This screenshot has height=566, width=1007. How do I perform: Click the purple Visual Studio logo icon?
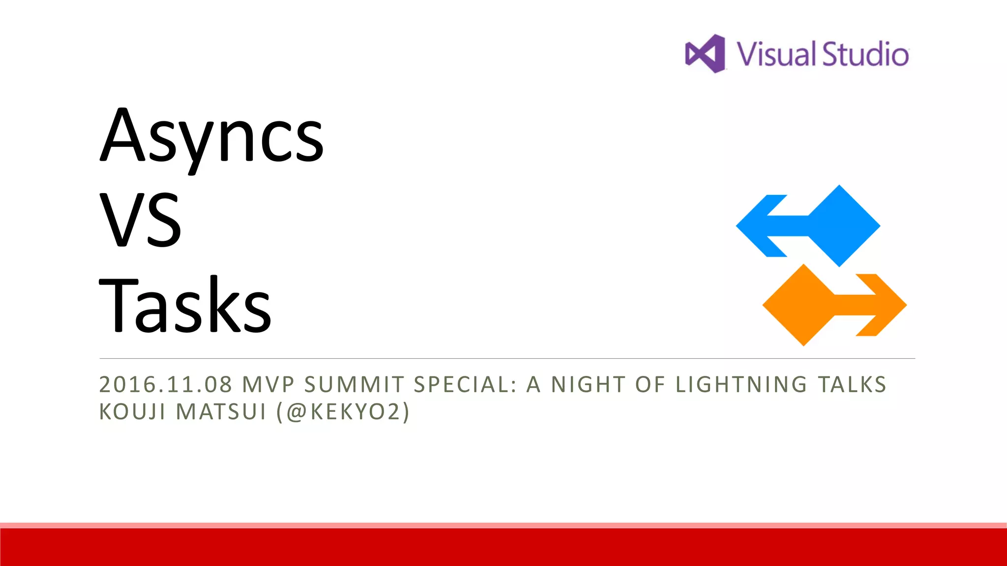tap(705, 54)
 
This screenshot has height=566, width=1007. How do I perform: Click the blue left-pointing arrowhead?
tap(760, 226)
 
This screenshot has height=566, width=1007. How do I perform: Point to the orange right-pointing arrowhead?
tap(883, 305)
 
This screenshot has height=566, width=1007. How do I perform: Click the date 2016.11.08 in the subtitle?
tap(166, 385)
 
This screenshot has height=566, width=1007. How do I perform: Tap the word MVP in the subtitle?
tap(268, 385)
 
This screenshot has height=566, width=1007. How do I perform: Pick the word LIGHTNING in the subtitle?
tap(741, 385)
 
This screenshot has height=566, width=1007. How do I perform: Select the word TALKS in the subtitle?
tap(852, 385)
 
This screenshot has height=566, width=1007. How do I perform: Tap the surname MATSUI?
tap(221, 412)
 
